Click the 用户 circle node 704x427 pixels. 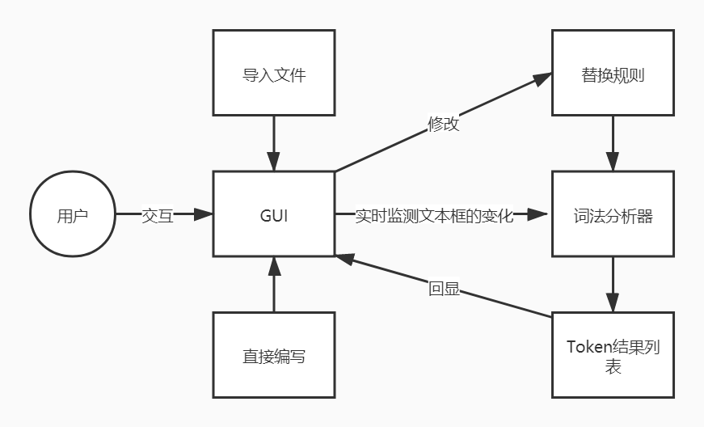73,216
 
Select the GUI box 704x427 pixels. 274,216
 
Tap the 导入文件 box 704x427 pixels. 274,75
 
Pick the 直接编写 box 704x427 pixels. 274,357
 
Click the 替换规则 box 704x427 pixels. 613,75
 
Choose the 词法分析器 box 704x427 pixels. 613,216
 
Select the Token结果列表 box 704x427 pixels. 613,357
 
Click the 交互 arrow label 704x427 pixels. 158,216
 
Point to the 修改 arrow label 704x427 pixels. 444,124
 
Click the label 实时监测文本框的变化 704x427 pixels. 434,216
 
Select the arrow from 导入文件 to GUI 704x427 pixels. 274,142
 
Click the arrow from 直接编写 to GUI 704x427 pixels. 274,287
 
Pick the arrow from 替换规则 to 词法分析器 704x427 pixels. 613,142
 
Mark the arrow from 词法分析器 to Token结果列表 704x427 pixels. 613,283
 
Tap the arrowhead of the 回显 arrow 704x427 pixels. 345,260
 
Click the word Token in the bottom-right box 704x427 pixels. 588,348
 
